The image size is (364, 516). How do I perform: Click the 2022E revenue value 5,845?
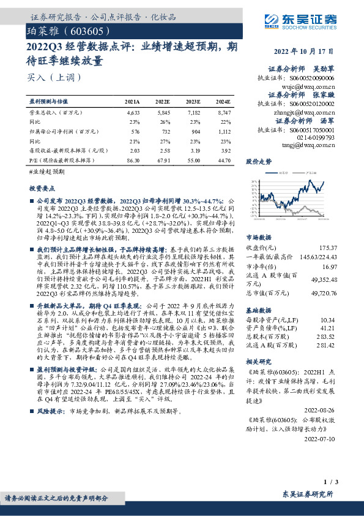coord(162,113)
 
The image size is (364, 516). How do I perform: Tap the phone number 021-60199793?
coord(316,138)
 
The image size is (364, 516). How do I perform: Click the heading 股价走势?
coord(258,163)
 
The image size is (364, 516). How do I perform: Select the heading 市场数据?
coord(258,237)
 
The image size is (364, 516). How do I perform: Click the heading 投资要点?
coord(42,189)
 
